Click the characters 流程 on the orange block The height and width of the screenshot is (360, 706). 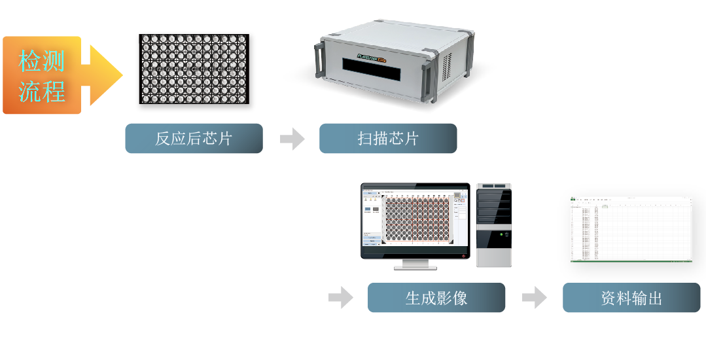42,91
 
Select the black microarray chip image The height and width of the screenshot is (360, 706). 194,69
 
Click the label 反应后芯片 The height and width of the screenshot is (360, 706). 194,139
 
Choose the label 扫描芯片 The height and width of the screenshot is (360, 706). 388,139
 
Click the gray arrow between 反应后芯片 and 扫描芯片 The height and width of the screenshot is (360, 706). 292,139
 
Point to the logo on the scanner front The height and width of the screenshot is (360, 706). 372,58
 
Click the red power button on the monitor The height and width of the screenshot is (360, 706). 463,255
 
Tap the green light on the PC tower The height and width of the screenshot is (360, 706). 501,234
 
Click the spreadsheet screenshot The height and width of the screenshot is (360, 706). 631,229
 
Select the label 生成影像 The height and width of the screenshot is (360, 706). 436,298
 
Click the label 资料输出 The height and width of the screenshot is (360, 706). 631,298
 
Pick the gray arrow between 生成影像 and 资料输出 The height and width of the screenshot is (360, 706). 534,298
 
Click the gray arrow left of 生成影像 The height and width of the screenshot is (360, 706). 340,298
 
